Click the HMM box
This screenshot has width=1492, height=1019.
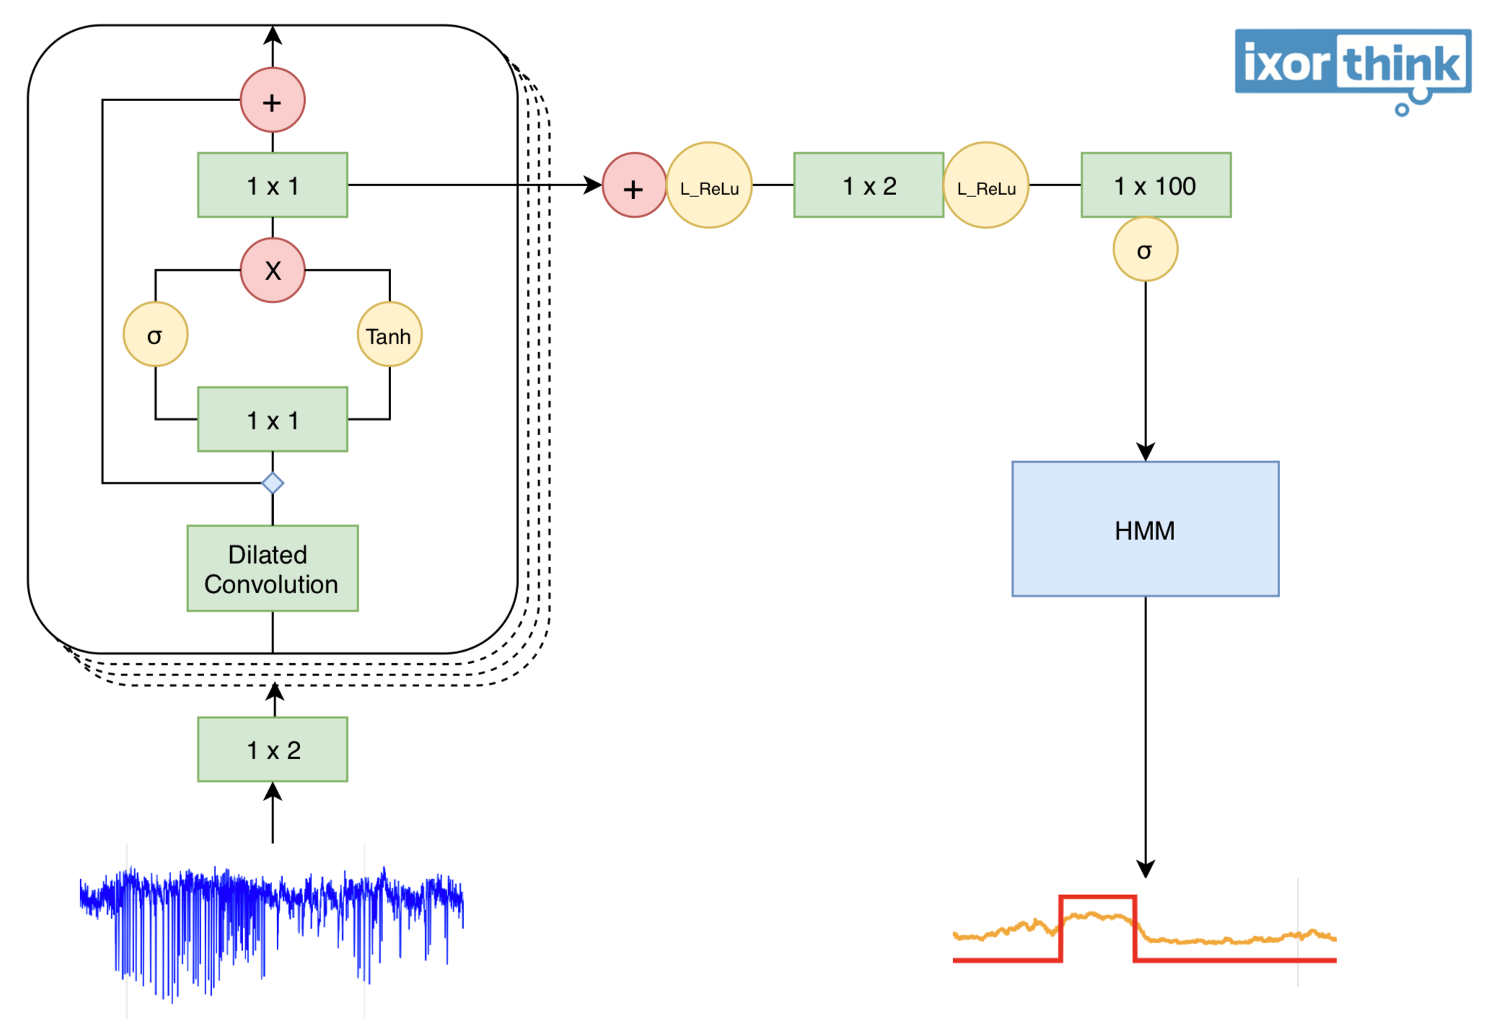pos(1144,529)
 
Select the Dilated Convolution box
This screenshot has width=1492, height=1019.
pos(272,568)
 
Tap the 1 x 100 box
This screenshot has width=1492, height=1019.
pos(1155,185)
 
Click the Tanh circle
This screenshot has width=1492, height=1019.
pos(389,334)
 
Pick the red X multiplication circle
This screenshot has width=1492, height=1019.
pos(272,270)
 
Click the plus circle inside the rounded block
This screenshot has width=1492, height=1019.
pos(272,100)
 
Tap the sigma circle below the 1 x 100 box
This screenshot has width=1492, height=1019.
pos(1144,250)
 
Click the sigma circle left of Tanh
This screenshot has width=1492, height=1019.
pos(155,334)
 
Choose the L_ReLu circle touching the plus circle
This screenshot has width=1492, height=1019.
pos(709,185)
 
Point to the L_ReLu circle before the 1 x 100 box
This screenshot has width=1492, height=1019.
pos(986,185)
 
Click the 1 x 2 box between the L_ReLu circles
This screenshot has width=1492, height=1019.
pos(868,185)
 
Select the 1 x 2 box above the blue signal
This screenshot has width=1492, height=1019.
pos(272,749)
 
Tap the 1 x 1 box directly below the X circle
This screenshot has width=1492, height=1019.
pos(272,185)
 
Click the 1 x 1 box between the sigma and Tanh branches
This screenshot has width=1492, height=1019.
pos(272,419)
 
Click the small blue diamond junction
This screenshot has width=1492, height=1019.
pos(272,483)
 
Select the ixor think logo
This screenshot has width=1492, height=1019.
pos(1352,65)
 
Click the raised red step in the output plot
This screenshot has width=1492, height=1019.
pos(1097,898)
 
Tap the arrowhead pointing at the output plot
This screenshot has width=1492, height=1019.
pos(1145,868)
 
